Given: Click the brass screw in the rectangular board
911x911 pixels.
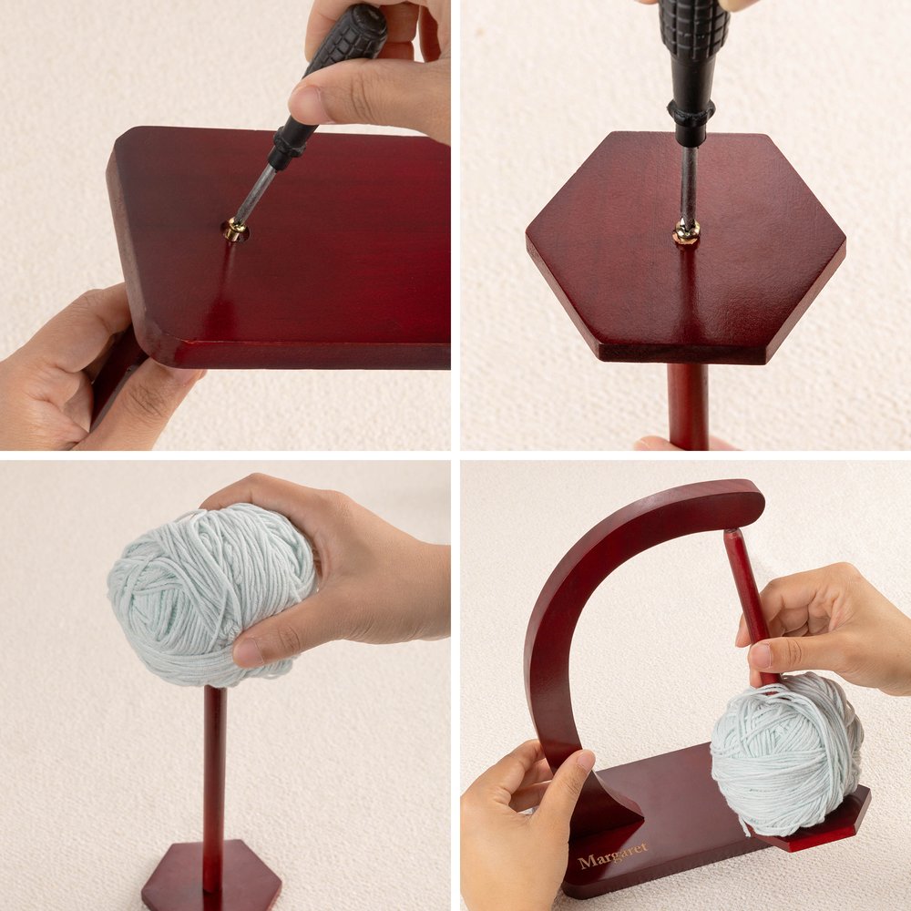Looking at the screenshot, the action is coord(235,230).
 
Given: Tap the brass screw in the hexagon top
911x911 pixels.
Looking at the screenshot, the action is coord(685,231).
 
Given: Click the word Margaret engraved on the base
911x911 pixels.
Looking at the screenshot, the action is coord(612,855).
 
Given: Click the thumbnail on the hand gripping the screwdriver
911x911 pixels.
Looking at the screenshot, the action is coord(307,104).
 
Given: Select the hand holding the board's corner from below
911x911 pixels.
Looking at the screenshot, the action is coord(87,372).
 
